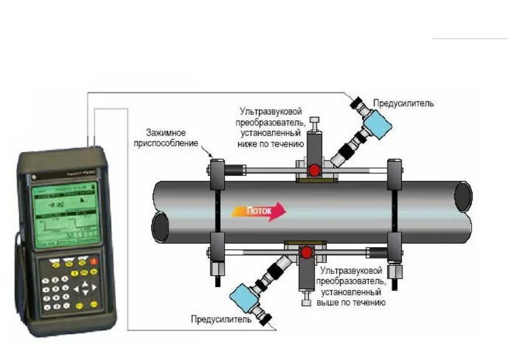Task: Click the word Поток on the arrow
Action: [x=259, y=211]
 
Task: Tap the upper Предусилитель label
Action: [x=403, y=103]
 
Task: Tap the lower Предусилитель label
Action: [x=221, y=320]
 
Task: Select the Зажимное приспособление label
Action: [x=166, y=138]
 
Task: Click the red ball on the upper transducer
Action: [x=314, y=170]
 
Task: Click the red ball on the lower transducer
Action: [x=307, y=252]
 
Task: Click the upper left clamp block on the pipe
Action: [x=217, y=174]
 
